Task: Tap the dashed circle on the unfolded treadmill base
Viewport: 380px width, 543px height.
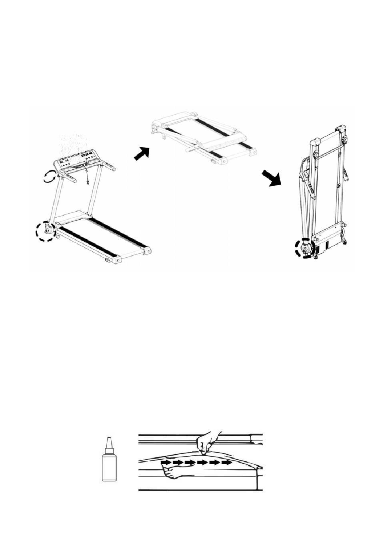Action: click(44, 231)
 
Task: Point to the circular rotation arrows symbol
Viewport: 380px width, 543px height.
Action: click(49, 176)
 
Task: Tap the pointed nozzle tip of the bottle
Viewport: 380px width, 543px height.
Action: click(108, 440)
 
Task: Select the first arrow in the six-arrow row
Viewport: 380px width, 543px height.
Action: click(166, 463)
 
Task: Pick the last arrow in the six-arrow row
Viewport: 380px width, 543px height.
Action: click(227, 463)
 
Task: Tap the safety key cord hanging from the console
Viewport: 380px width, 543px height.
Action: click(87, 176)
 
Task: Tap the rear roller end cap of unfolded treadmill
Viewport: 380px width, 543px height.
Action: click(148, 252)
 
